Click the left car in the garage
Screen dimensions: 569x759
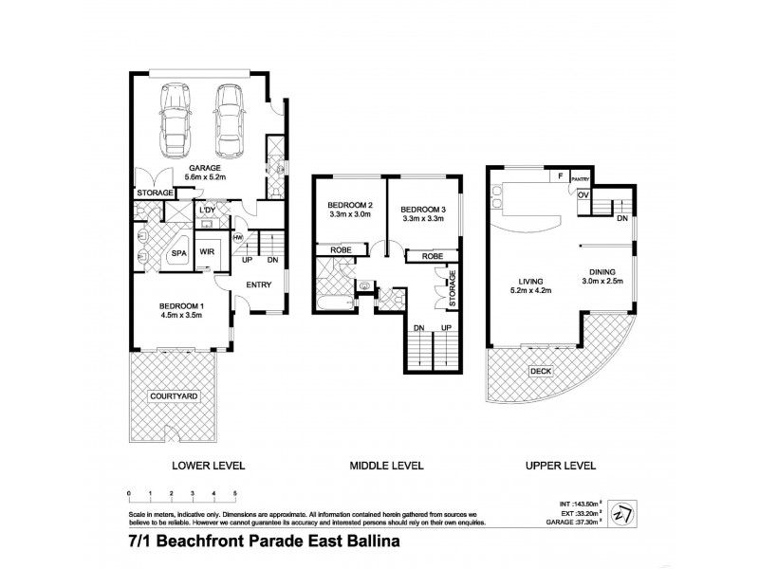pos(176,122)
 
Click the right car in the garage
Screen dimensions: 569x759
pos(231,121)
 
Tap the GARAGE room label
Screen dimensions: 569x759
pos(204,168)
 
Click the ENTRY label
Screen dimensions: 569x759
pos(259,285)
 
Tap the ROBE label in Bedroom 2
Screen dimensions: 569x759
pos(342,251)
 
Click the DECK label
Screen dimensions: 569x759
pos(541,371)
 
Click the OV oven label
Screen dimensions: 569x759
pos(583,194)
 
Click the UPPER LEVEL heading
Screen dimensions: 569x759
pos(563,466)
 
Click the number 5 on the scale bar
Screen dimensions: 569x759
pos(234,493)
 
